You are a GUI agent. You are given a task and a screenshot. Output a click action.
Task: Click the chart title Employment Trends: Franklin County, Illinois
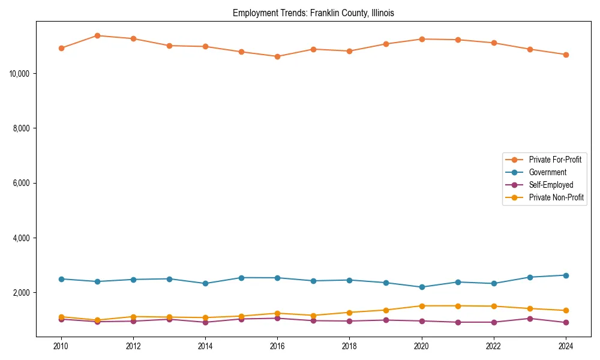pyautogui.click(x=313, y=13)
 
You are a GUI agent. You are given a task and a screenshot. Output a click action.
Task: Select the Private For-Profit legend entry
pyautogui.click(x=550, y=160)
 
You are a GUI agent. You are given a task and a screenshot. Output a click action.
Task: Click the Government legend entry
pyautogui.click(x=547, y=172)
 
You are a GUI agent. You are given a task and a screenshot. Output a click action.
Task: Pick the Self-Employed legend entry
pyautogui.click(x=551, y=185)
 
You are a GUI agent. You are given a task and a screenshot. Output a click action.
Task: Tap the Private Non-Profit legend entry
pyautogui.click(x=556, y=197)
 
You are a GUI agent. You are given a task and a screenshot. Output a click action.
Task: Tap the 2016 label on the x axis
pyautogui.click(x=277, y=346)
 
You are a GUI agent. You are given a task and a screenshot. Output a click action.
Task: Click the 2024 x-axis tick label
pyautogui.click(x=565, y=346)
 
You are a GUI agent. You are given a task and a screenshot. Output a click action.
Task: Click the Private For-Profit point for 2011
pyautogui.click(x=97, y=35)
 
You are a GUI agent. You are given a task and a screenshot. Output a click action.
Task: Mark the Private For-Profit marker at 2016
pyautogui.click(x=277, y=56)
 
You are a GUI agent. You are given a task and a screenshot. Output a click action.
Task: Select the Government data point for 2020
pyautogui.click(x=422, y=287)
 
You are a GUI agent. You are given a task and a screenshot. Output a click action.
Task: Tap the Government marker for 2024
pyautogui.click(x=565, y=275)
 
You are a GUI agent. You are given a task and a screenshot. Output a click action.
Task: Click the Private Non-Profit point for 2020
pyautogui.click(x=422, y=306)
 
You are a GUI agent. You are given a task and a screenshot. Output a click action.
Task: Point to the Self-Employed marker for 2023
pyautogui.click(x=530, y=319)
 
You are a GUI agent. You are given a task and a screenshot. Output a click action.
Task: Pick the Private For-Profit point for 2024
pyautogui.click(x=565, y=55)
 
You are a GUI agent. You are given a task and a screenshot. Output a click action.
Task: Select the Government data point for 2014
pyautogui.click(x=205, y=284)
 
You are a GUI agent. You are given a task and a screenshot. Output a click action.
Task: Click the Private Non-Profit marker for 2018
pyautogui.click(x=349, y=313)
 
